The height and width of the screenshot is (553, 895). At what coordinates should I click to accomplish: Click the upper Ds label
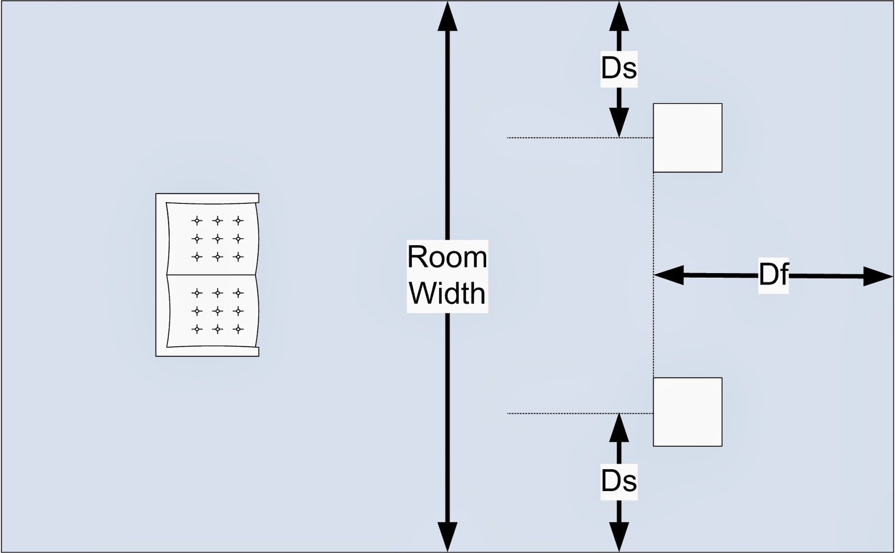click(619, 68)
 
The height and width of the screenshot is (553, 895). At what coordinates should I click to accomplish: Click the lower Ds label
click(619, 481)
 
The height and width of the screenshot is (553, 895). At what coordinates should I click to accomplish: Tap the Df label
click(774, 275)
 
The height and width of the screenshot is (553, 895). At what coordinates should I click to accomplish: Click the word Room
click(447, 258)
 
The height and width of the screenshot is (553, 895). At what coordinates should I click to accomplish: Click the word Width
click(447, 293)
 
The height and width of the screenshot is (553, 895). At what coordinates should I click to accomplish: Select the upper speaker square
click(687, 138)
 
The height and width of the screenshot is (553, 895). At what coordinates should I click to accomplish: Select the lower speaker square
click(687, 412)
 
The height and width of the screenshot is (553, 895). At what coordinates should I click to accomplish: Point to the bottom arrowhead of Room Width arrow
click(447, 537)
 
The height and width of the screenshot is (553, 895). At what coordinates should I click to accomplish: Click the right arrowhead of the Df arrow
click(879, 276)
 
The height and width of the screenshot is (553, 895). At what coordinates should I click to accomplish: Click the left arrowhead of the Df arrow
click(668, 275)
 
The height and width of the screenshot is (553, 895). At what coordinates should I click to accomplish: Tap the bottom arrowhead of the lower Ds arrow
click(619, 537)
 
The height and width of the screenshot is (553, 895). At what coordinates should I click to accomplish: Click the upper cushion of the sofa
click(213, 239)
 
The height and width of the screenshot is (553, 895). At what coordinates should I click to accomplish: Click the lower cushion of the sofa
click(213, 311)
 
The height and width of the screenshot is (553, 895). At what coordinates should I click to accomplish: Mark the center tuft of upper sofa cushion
click(218, 239)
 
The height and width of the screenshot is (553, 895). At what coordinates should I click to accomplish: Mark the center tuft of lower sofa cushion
click(218, 311)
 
